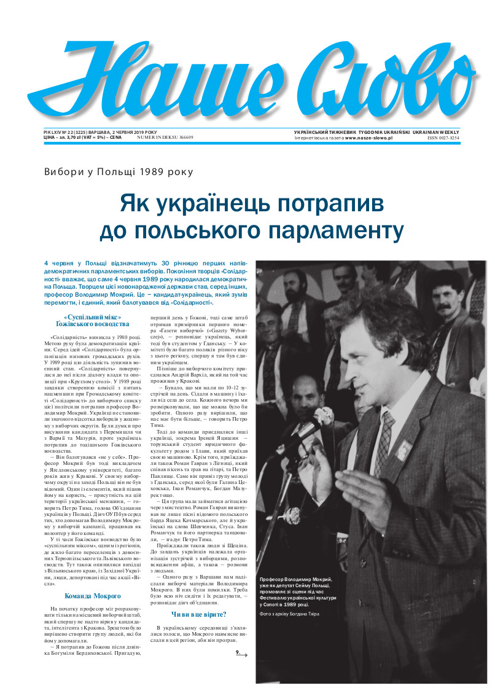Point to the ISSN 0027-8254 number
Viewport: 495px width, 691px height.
[x=443, y=139]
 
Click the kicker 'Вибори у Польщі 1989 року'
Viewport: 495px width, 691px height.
[x=119, y=173]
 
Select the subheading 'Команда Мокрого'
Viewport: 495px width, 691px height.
[x=93, y=596]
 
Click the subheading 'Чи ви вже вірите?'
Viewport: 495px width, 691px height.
[x=198, y=614]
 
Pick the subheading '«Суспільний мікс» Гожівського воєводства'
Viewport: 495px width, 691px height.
[x=93, y=321]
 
